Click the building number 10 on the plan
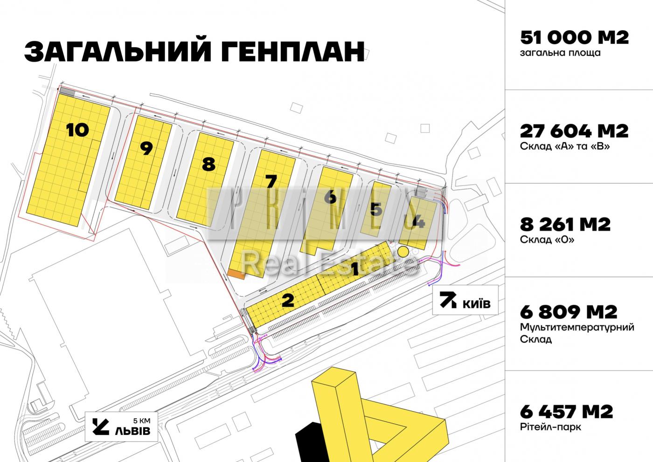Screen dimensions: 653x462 77,130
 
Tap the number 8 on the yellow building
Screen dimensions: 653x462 209,164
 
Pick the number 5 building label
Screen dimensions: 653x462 376,209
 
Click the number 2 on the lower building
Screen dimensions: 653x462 288,300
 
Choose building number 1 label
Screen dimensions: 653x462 355,269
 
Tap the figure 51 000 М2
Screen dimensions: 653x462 574,38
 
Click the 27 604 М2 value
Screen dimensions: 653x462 574,131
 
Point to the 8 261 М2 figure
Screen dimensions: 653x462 565,224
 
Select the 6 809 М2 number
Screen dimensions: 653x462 569,312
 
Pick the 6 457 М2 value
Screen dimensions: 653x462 566,412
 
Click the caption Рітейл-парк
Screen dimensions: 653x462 550,427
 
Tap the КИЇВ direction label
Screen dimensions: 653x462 476,303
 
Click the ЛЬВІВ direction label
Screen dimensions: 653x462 132,430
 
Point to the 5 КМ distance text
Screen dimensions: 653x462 142,421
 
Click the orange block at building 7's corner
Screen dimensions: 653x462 236,274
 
